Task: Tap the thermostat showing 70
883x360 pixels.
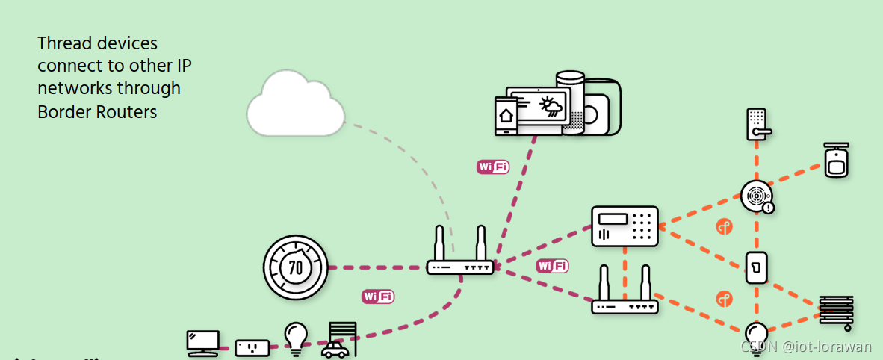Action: pyautogui.click(x=296, y=267)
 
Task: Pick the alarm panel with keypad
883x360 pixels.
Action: pyautogui.click(x=625, y=226)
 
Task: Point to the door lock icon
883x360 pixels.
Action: pyautogui.click(x=757, y=124)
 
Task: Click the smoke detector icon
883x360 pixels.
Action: pyautogui.click(x=757, y=196)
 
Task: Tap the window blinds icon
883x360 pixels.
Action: pyautogui.click(x=835, y=311)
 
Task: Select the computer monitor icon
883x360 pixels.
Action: pyautogui.click(x=202, y=342)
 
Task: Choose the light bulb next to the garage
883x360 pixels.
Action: pyautogui.click(x=296, y=337)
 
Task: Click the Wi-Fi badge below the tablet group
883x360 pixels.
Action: pyautogui.click(x=493, y=167)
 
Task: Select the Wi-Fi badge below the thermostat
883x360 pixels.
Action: pyautogui.click(x=378, y=297)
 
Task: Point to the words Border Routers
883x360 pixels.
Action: pyautogui.click(x=97, y=112)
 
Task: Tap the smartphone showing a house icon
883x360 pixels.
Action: pyautogui.click(x=506, y=116)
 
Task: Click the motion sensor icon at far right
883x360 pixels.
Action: pyautogui.click(x=837, y=160)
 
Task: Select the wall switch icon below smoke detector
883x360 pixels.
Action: pyautogui.click(x=756, y=267)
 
